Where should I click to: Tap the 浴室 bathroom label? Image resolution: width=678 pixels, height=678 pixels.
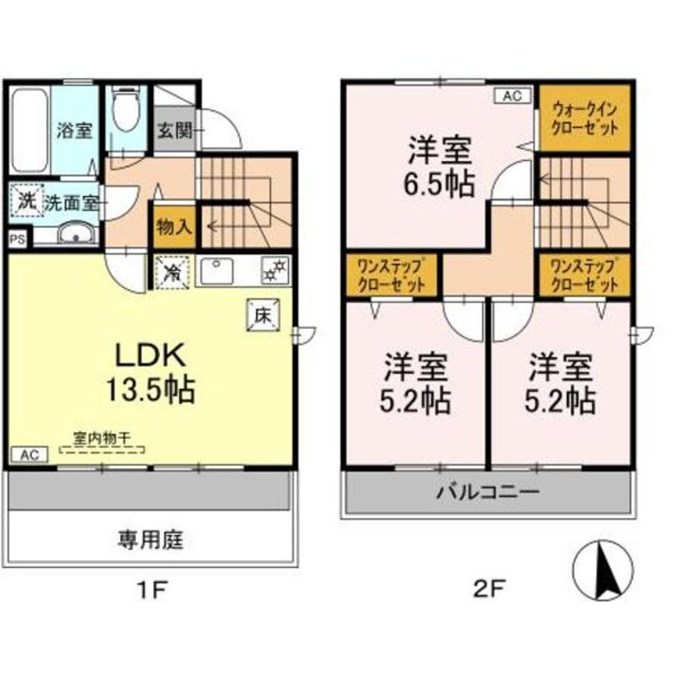point(74,130)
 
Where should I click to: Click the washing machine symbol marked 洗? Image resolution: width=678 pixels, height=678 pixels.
point(27,200)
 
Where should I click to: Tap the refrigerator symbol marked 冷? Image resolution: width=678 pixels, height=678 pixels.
point(172,272)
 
